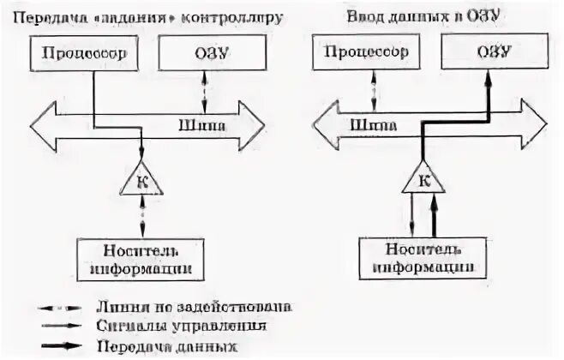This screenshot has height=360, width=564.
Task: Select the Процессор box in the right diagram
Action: coord(372,54)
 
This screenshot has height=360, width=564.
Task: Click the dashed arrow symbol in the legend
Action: coord(63,305)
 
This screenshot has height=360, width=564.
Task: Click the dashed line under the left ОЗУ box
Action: coord(202,88)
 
